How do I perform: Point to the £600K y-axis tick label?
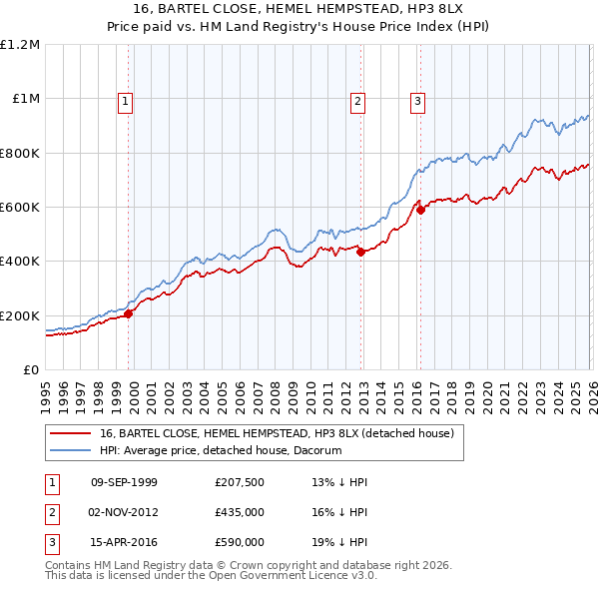coord(20,208)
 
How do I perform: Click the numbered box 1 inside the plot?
coord(126,100)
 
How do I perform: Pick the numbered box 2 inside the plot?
coord(357,100)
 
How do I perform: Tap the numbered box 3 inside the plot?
coord(417,100)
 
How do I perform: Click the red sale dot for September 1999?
coord(128,313)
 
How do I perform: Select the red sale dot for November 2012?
coord(360,253)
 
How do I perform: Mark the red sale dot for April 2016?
coord(421,210)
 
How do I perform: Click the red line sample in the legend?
coord(70,433)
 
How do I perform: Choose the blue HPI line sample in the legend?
coord(70,450)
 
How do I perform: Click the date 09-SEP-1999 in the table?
coord(124,482)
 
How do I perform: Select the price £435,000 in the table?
coord(240,513)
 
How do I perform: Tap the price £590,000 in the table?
coord(240,543)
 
